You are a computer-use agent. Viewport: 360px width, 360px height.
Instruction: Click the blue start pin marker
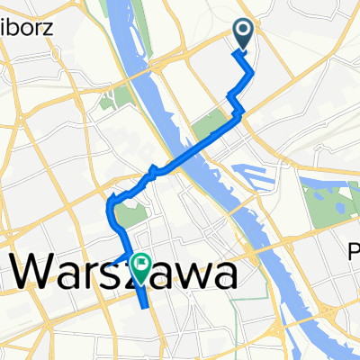pos(244,34)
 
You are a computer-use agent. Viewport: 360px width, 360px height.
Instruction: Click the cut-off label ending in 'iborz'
pos(26,26)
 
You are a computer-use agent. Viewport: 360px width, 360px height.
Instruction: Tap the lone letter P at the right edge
pos(354,255)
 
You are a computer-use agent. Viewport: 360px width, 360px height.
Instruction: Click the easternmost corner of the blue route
pos(255,72)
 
